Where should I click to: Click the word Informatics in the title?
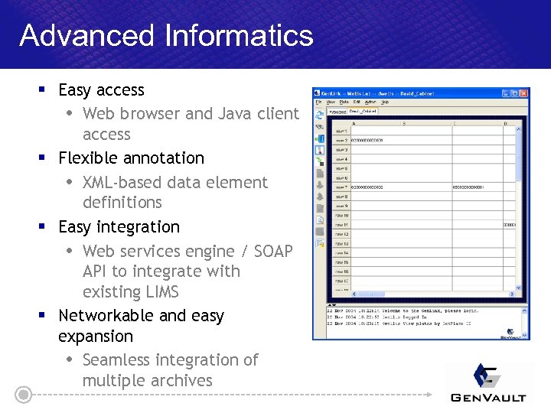(x=229, y=35)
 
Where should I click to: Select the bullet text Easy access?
(x=101, y=90)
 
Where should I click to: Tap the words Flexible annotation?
(x=131, y=158)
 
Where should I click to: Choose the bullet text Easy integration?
(x=119, y=227)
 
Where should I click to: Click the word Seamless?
(x=116, y=360)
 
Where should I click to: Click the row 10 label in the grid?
(x=341, y=216)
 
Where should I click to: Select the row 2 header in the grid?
(x=341, y=141)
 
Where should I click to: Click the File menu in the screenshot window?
(x=319, y=102)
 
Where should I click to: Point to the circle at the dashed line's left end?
(x=24, y=395)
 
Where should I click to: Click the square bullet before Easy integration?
(x=43, y=227)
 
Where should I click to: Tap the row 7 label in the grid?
(x=341, y=187)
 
